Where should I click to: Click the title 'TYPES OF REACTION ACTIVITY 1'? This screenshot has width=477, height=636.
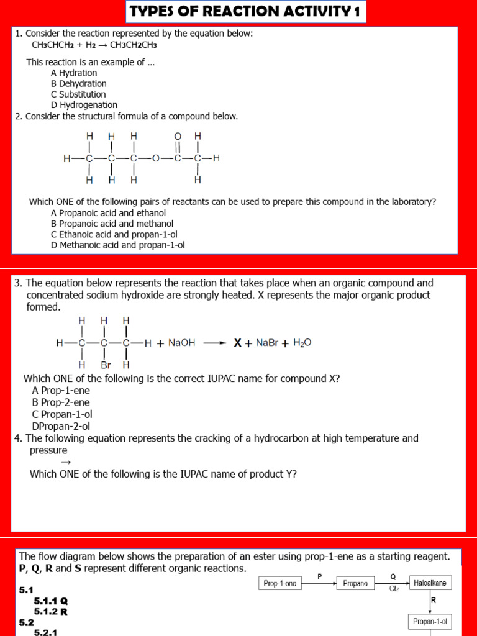(246, 12)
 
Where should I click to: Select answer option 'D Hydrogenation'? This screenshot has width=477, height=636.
(84, 105)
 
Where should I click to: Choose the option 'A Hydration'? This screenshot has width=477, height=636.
(74, 73)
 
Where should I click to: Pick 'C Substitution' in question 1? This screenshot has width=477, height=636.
(78, 94)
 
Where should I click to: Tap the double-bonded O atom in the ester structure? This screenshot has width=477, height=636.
(178, 135)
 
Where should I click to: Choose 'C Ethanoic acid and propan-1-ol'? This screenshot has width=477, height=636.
(114, 234)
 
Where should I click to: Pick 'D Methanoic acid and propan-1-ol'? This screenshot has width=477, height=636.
(118, 245)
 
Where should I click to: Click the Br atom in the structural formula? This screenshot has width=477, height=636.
(106, 365)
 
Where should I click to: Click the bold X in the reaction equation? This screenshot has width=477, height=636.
(237, 342)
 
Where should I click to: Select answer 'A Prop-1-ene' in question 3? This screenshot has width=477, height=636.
(58, 390)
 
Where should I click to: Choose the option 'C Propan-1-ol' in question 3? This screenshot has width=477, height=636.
(62, 414)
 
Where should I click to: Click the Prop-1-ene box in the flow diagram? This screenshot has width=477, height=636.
(279, 583)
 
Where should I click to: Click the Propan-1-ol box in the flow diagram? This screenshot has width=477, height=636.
(430, 621)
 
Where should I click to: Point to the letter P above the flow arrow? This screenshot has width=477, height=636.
(320, 576)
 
